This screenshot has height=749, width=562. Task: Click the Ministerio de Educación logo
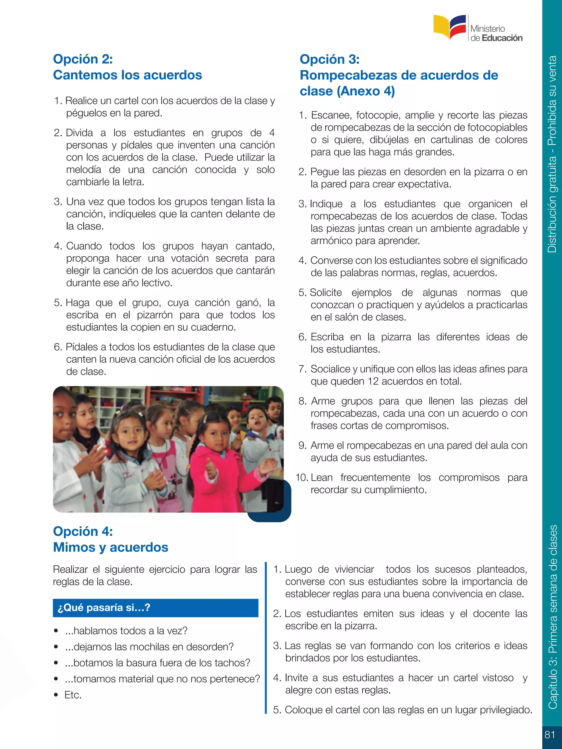(x=478, y=29)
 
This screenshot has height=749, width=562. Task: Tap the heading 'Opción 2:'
(x=83, y=59)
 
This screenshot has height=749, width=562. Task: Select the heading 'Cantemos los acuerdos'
(x=127, y=75)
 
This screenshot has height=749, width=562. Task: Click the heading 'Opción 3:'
(x=330, y=60)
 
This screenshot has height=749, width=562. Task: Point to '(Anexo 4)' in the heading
(x=366, y=91)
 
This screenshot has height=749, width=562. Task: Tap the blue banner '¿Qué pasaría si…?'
(x=156, y=608)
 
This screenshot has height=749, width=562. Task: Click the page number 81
(x=550, y=734)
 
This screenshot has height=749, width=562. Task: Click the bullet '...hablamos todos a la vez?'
(x=126, y=631)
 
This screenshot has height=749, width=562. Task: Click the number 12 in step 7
(x=373, y=381)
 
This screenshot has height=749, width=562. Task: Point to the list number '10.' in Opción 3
(x=302, y=477)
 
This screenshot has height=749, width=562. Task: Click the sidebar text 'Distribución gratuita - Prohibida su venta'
(x=552, y=154)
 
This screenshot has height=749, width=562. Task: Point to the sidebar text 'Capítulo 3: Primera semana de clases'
(x=552, y=616)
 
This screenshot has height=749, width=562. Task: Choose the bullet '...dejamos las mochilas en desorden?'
(x=149, y=647)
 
